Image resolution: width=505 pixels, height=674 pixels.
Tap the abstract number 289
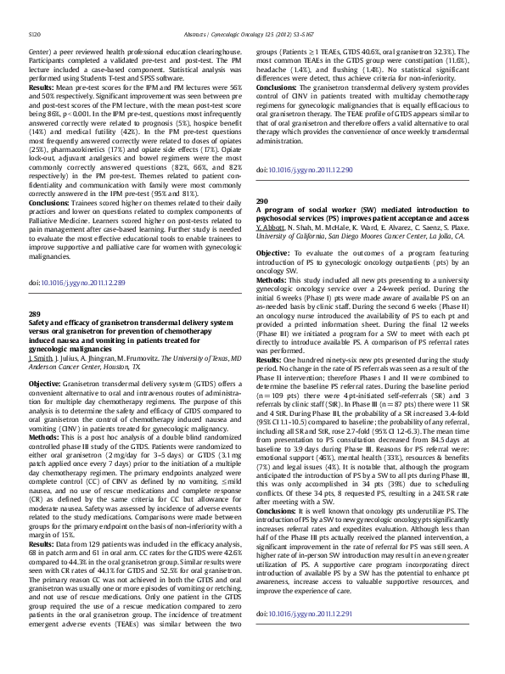[x=35, y=313]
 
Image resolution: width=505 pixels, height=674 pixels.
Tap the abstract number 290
[x=262, y=201]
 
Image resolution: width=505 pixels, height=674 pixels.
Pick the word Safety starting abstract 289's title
[x=39, y=323]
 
